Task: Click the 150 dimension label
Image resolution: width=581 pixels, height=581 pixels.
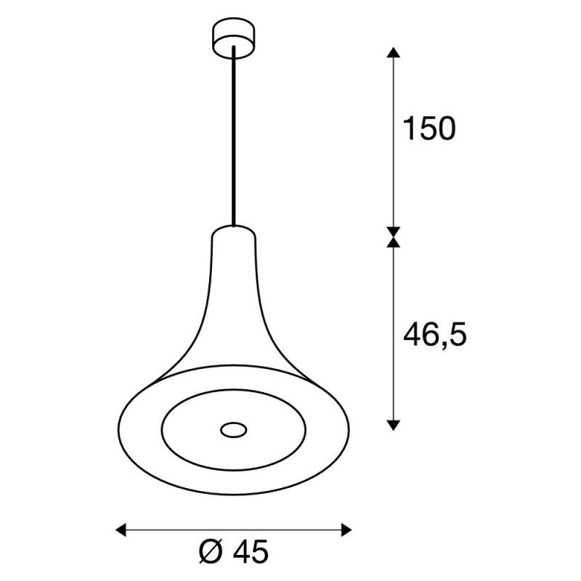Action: pos(429,129)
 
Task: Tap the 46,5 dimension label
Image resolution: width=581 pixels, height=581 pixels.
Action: pos(434,335)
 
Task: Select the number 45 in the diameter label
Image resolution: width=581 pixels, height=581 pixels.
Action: pos(251,552)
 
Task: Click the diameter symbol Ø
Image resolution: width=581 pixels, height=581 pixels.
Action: pos(211,552)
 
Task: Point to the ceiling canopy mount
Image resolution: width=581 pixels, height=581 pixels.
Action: pos(234,38)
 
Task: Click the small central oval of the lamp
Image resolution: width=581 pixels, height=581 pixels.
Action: pos(234,430)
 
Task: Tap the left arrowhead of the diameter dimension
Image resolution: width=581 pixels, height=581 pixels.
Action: pos(121,530)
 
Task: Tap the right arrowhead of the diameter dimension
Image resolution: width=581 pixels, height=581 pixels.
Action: pos(346,530)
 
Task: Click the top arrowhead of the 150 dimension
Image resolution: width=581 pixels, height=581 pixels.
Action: pos(394,52)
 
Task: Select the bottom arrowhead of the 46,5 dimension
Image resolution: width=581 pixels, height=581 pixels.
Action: pos(394,426)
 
